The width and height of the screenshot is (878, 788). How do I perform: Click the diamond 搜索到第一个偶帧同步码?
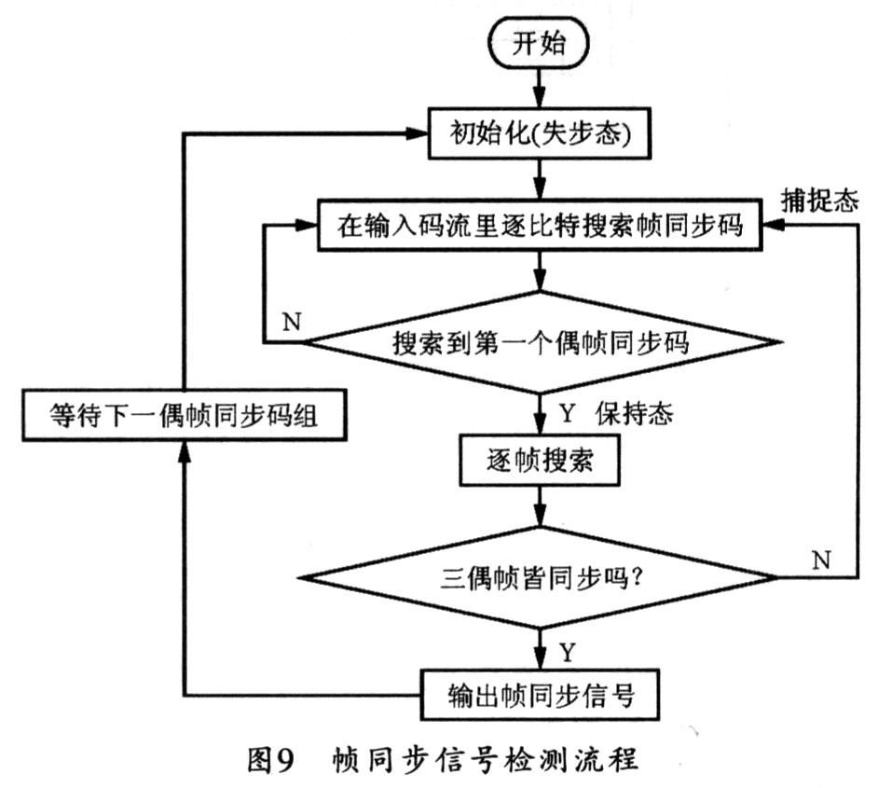[x=542, y=343]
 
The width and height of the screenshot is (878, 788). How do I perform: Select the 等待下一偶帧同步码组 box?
[x=185, y=416]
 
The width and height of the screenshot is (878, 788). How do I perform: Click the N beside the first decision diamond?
[x=290, y=324]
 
